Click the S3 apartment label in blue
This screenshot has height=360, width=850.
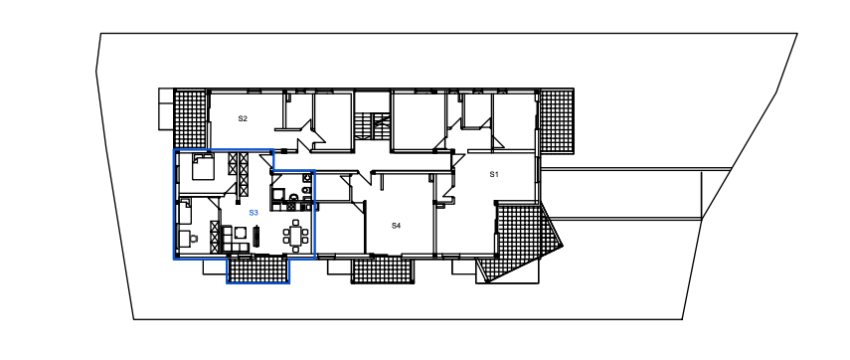coord(254,213)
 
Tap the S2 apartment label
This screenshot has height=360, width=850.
coord(243,118)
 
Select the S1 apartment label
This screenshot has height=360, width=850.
coord(494,174)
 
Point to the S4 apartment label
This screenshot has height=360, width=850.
coord(397,226)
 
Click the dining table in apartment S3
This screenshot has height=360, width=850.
coord(296,236)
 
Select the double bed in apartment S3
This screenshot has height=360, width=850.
coord(203,166)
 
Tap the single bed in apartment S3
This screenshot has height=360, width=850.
coord(185,211)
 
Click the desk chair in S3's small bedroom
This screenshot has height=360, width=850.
coord(194,238)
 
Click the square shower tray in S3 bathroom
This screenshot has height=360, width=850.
coord(278,195)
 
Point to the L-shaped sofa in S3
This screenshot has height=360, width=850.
coord(232,240)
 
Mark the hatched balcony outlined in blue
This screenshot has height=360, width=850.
coord(258,269)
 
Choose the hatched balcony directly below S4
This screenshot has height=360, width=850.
coord(383,270)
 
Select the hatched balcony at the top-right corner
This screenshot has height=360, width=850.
coord(557,120)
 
